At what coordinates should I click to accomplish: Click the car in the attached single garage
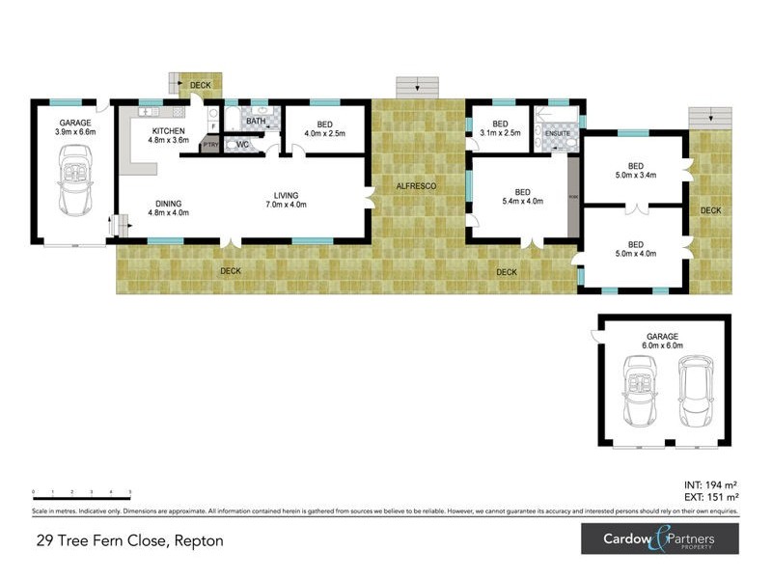[74, 180]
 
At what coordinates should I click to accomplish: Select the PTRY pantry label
[209, 146]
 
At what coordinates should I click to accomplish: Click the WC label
[242, 145]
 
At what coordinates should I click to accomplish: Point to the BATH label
[255, 122]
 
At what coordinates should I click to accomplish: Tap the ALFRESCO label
[418, 184]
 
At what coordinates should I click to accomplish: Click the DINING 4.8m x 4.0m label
[168, 207]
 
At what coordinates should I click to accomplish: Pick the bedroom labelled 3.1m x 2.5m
[500, 128]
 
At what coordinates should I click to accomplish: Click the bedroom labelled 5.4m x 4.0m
[522, 197]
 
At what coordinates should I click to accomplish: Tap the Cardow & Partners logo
[659, 538]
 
